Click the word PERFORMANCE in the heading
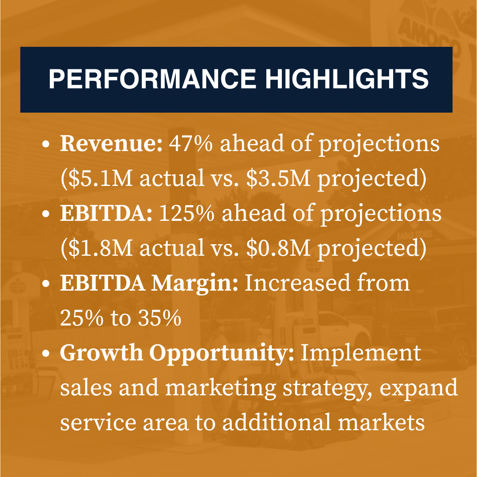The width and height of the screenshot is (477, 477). pyautogui.click(x=152, y=79)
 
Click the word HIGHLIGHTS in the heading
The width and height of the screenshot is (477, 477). pyautogui.click(x=347, y=79)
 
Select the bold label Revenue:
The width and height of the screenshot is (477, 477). pyautogui.click(x=111, y=144)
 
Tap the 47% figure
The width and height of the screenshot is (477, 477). pyautogui.click(x=191, y=144)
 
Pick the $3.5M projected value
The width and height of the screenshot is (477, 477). pyautogui.click(x=278, y=178)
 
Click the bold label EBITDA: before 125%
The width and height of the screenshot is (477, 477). pyautogui.click(x=106, y=213)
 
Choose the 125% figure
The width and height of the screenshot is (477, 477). pyautogui.click(x=186, y=213)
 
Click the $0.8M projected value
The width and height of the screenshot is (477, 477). pyautogui.click(x=278, y=248)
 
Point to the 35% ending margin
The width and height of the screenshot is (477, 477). pyautogui.click(x=159, y=318)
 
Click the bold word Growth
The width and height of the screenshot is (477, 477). pyautogui.click(x=101, y=353)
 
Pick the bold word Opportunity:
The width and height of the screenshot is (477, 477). pyautogui.click(x=221, y=353)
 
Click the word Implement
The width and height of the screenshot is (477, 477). pyautogui.click(x=361, y=353)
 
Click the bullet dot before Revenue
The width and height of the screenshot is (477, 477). pyautogui.click(x=45, y=144)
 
